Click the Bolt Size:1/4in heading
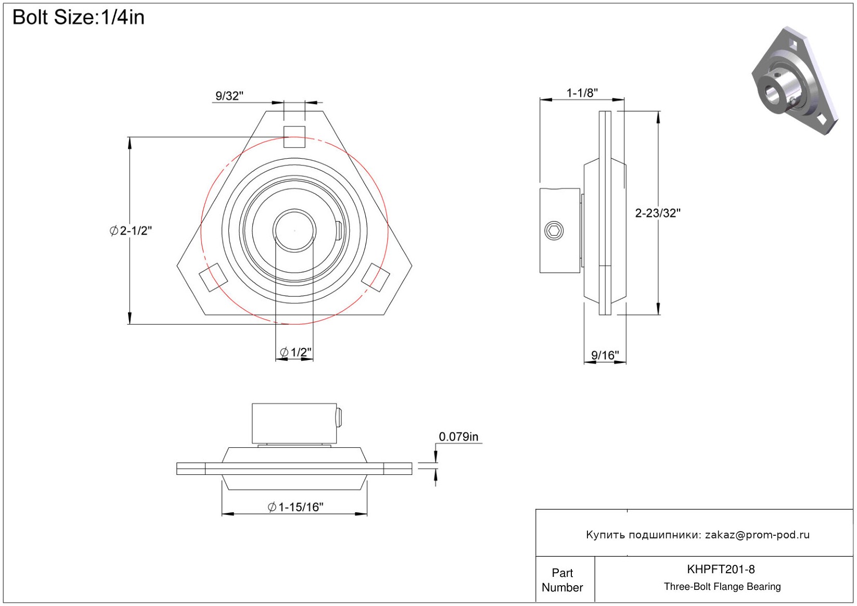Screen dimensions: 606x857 click(79, 18)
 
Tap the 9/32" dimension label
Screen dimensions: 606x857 click(229, 96)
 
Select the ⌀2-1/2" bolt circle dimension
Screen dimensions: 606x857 click(131, 230)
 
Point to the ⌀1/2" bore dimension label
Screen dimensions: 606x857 click(296, 352)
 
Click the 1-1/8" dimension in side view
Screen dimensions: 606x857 click(582, 93)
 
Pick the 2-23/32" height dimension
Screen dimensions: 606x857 click(658, 213)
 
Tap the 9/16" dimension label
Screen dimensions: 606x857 click(605, 355)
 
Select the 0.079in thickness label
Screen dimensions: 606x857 click(458, 436)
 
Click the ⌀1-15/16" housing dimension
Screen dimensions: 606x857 click(296, 507)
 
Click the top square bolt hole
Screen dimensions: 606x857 click(295, 137)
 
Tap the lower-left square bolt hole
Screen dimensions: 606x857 click(213, 277)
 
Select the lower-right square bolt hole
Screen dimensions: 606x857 click(376, 277)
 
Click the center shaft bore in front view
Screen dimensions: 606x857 click(295, 230)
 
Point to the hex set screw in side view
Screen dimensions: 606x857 click(554, 230)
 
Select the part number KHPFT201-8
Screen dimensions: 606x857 click(721, 569)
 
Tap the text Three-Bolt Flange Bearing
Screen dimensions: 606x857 click(722, 587)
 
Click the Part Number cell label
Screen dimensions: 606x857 click(562, 580)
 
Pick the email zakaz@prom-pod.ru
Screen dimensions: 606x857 click(757, 535)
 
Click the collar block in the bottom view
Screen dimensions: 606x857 click(295, 423)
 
